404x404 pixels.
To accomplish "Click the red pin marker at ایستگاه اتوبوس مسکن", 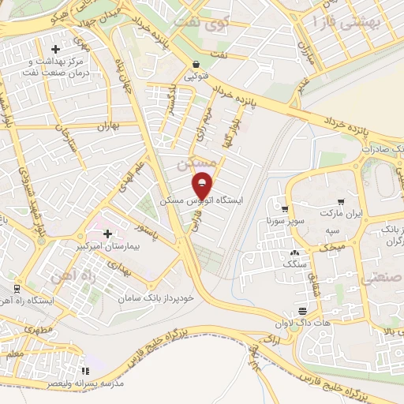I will tap(203, 185).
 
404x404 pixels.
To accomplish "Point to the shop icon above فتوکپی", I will tap(195, 64).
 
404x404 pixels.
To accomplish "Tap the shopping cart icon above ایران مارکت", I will tap(340, 202).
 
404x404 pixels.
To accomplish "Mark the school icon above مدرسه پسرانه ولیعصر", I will tap(85, 370).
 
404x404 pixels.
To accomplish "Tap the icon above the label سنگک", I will tap(295, 253).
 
